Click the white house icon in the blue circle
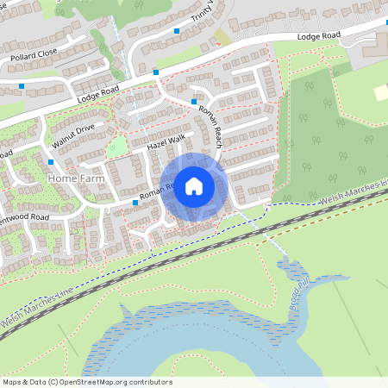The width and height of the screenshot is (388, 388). (194, 185)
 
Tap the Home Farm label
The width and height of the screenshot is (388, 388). (75, 178)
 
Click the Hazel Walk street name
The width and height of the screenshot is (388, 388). (166, 143)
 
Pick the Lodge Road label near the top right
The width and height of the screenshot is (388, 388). (319, 37)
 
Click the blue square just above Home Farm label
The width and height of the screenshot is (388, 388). (51, 161)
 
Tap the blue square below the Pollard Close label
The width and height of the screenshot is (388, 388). (22, 86)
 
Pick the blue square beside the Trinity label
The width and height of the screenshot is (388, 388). (177, 31)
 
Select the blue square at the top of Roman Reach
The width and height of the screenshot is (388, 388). (193, 102)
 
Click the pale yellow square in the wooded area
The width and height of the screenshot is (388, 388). (381, 92)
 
